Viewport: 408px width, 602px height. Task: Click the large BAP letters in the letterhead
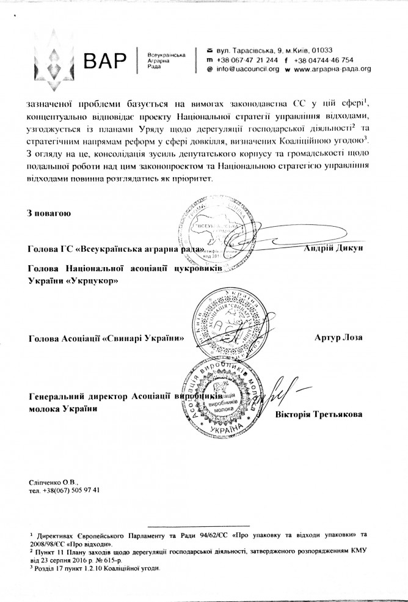tap(106, 60)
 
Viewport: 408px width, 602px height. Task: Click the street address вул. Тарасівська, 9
tap(250, 50)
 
